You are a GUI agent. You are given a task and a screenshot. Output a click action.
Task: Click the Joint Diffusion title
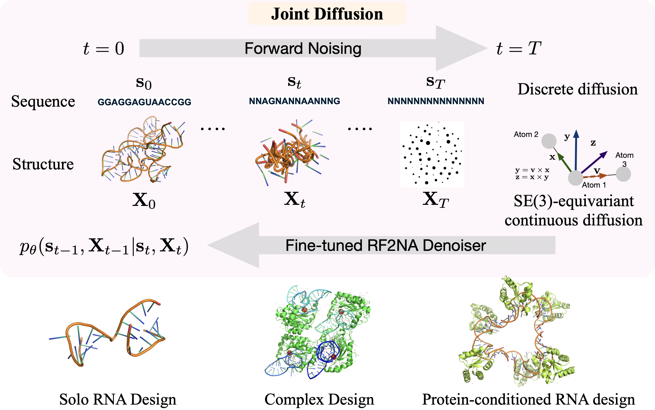pos(327,14)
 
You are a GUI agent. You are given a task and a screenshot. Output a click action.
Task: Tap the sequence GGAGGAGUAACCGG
pos(144,102)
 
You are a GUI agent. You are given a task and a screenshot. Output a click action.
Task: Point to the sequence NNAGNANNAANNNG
pos(295,101)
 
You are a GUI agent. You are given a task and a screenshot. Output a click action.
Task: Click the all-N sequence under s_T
pos(436,101)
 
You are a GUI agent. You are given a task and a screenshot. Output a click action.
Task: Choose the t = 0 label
pos(104,49)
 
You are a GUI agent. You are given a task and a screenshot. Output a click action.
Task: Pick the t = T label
pos(519,49)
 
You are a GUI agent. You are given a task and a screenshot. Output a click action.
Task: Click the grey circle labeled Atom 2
pos(549,141)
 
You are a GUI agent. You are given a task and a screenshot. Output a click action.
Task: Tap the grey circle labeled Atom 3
pos(623,174)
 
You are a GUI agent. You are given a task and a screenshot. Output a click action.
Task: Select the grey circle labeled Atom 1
pos(576,178)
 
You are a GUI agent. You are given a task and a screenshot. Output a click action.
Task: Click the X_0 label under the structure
pos(144,201)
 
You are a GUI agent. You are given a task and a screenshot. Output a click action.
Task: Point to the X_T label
pos(435,200)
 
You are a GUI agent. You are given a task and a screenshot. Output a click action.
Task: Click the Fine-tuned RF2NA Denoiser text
pos(385,245)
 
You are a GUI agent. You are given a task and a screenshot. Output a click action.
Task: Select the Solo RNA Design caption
pos(118,399)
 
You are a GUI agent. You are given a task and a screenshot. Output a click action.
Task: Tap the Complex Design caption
pos(319,399)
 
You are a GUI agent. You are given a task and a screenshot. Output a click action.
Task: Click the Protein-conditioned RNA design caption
pos(528,399)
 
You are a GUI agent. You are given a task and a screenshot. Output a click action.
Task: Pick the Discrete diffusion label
pos(577,89)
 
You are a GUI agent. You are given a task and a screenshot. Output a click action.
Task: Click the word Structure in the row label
pos(43,164)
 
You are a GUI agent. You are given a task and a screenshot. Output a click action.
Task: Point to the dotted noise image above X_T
pos(432,155)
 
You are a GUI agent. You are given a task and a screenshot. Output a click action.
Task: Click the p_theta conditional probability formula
pos(104,246)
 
